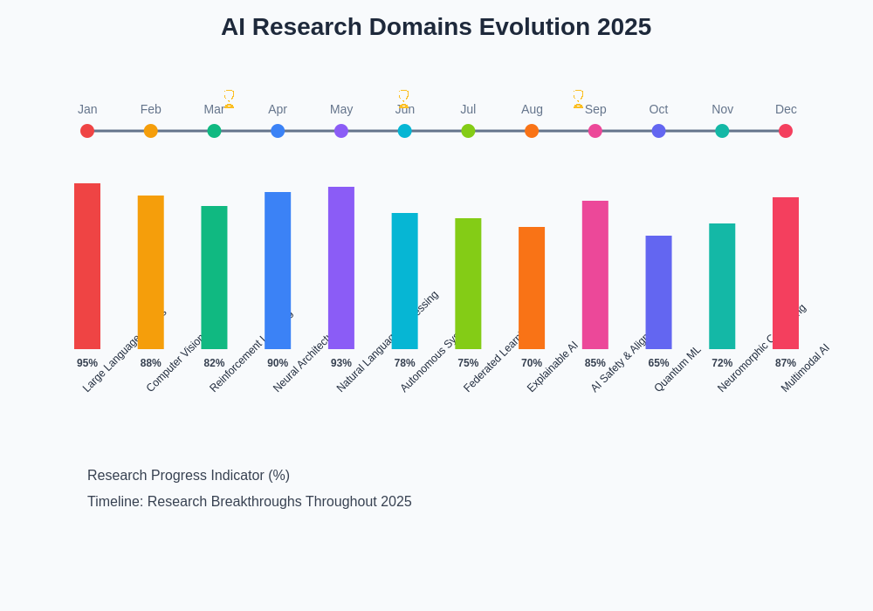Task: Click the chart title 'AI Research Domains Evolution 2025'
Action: (x=436, y=27)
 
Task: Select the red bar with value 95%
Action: (x=87, y=266)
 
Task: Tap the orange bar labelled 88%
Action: (x=150, y=272)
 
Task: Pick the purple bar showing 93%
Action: (x=341, y=268)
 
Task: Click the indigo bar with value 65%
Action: (x=658, y=292)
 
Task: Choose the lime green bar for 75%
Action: (x=468, y=284)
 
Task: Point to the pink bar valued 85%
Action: (x=595, y=275)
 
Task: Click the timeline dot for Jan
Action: (x=87, y=131)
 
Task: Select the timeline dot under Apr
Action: (x=278, y=131)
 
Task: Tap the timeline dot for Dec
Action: (x=786, y=131)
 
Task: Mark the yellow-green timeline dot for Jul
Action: (x=468, y=131)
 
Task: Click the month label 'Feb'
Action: (x=150, y=109)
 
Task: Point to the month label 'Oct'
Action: (x=658, y=109)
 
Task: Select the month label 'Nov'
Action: (x=722, y=109)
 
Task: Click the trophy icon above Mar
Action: (x=229, y=99)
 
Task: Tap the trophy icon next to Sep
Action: (x=578, y=99)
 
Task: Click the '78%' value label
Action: (x=404, y=363)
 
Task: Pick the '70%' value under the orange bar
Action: (x=532, y=363)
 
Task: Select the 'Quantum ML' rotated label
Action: (x=677, y=369)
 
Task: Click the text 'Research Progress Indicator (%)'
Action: (x=189, y=476)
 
